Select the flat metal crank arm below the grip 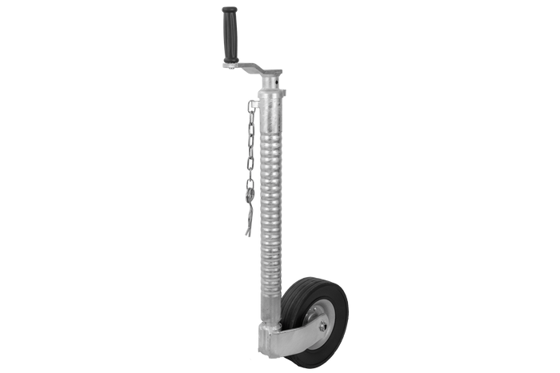point(252,69)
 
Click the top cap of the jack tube point(272,73)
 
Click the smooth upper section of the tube point(270,108)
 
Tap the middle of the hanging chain point(251,168)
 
